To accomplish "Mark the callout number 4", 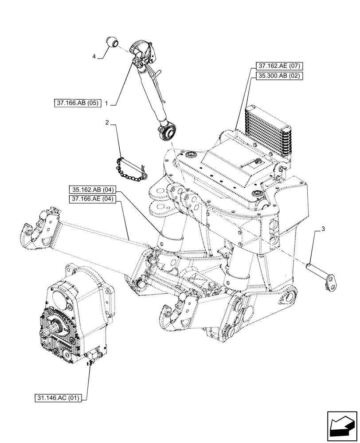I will point(94,56).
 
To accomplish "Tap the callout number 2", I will point(107,122).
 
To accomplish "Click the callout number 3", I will point(323,229).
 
